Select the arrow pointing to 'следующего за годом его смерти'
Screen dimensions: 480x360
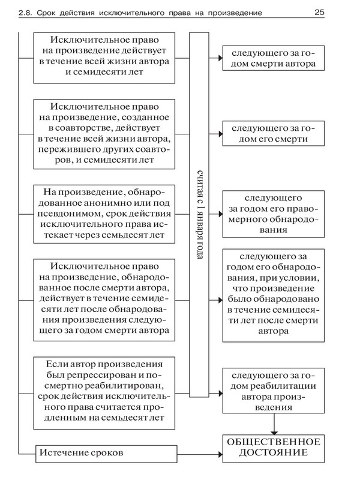pyautogui.click(x=215, y=133)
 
